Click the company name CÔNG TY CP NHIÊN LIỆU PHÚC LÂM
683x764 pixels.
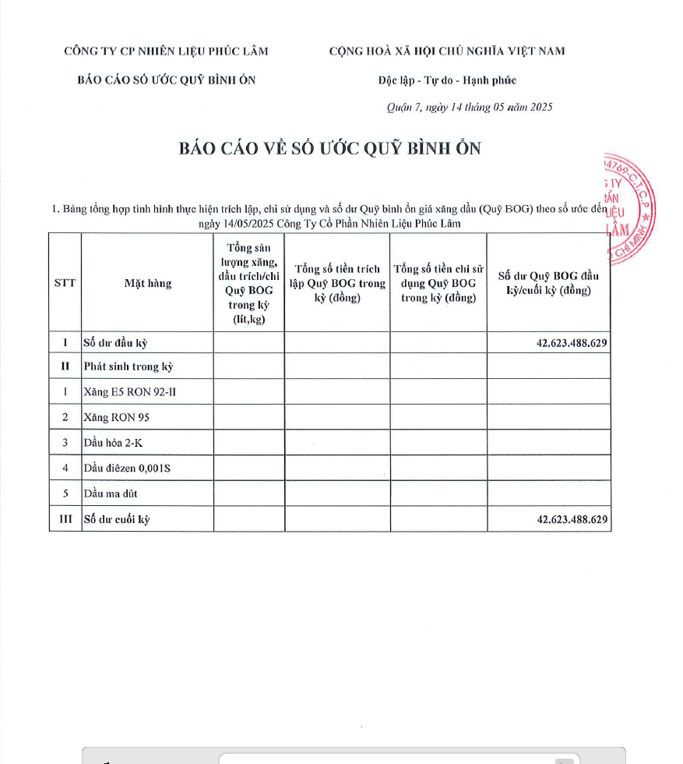click(166, 51)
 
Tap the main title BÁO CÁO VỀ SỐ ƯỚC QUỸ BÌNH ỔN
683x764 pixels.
click(330, 149)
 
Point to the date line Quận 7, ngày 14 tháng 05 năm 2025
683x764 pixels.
click(470, 108)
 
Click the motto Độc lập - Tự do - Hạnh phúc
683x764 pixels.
click(447, 80)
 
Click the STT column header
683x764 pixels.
click(65, 283)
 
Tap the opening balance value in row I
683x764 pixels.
click(572, 343)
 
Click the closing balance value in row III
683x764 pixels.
click(572, 519)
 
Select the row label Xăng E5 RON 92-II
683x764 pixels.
click(129, 391)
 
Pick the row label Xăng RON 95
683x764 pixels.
click(116, 417)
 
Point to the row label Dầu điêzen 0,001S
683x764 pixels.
click(126, 469)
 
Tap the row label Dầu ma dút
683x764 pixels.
click(111, 493)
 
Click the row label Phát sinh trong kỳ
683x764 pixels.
click(128, 366)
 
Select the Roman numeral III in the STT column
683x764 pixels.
click(65, 519)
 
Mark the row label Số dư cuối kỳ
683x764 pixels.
click(116, 519)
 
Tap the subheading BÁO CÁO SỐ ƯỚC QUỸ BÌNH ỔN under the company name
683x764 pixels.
click(166, 80)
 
